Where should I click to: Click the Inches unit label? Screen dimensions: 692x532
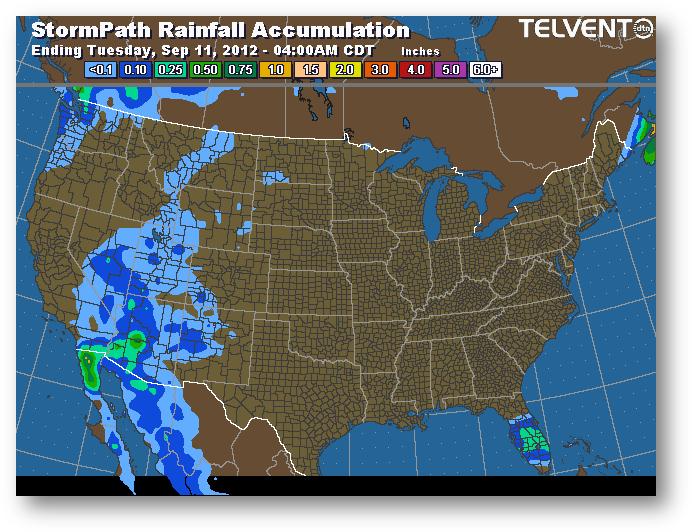point(420,49)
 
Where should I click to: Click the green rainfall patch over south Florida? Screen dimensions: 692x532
point(534,437)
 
